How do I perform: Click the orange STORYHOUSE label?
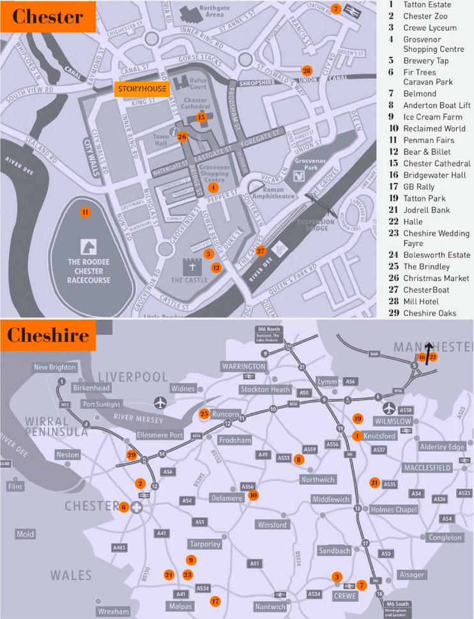click(x=142, y=89)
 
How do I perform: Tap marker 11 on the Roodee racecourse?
click(x=84, y=212)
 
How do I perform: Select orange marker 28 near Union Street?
click(x=307, y=70)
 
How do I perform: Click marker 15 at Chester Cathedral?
click(x=201, y=117)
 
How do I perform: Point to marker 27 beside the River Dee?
click(x=260, y=251)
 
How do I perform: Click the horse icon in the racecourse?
click(x=89, y=246)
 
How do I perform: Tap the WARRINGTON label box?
click(x=243, y=366)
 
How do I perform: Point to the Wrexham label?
click(x=113, y=611)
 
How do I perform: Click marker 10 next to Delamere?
click(x=254, y=494)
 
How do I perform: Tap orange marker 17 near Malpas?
click(x=215, y=600)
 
